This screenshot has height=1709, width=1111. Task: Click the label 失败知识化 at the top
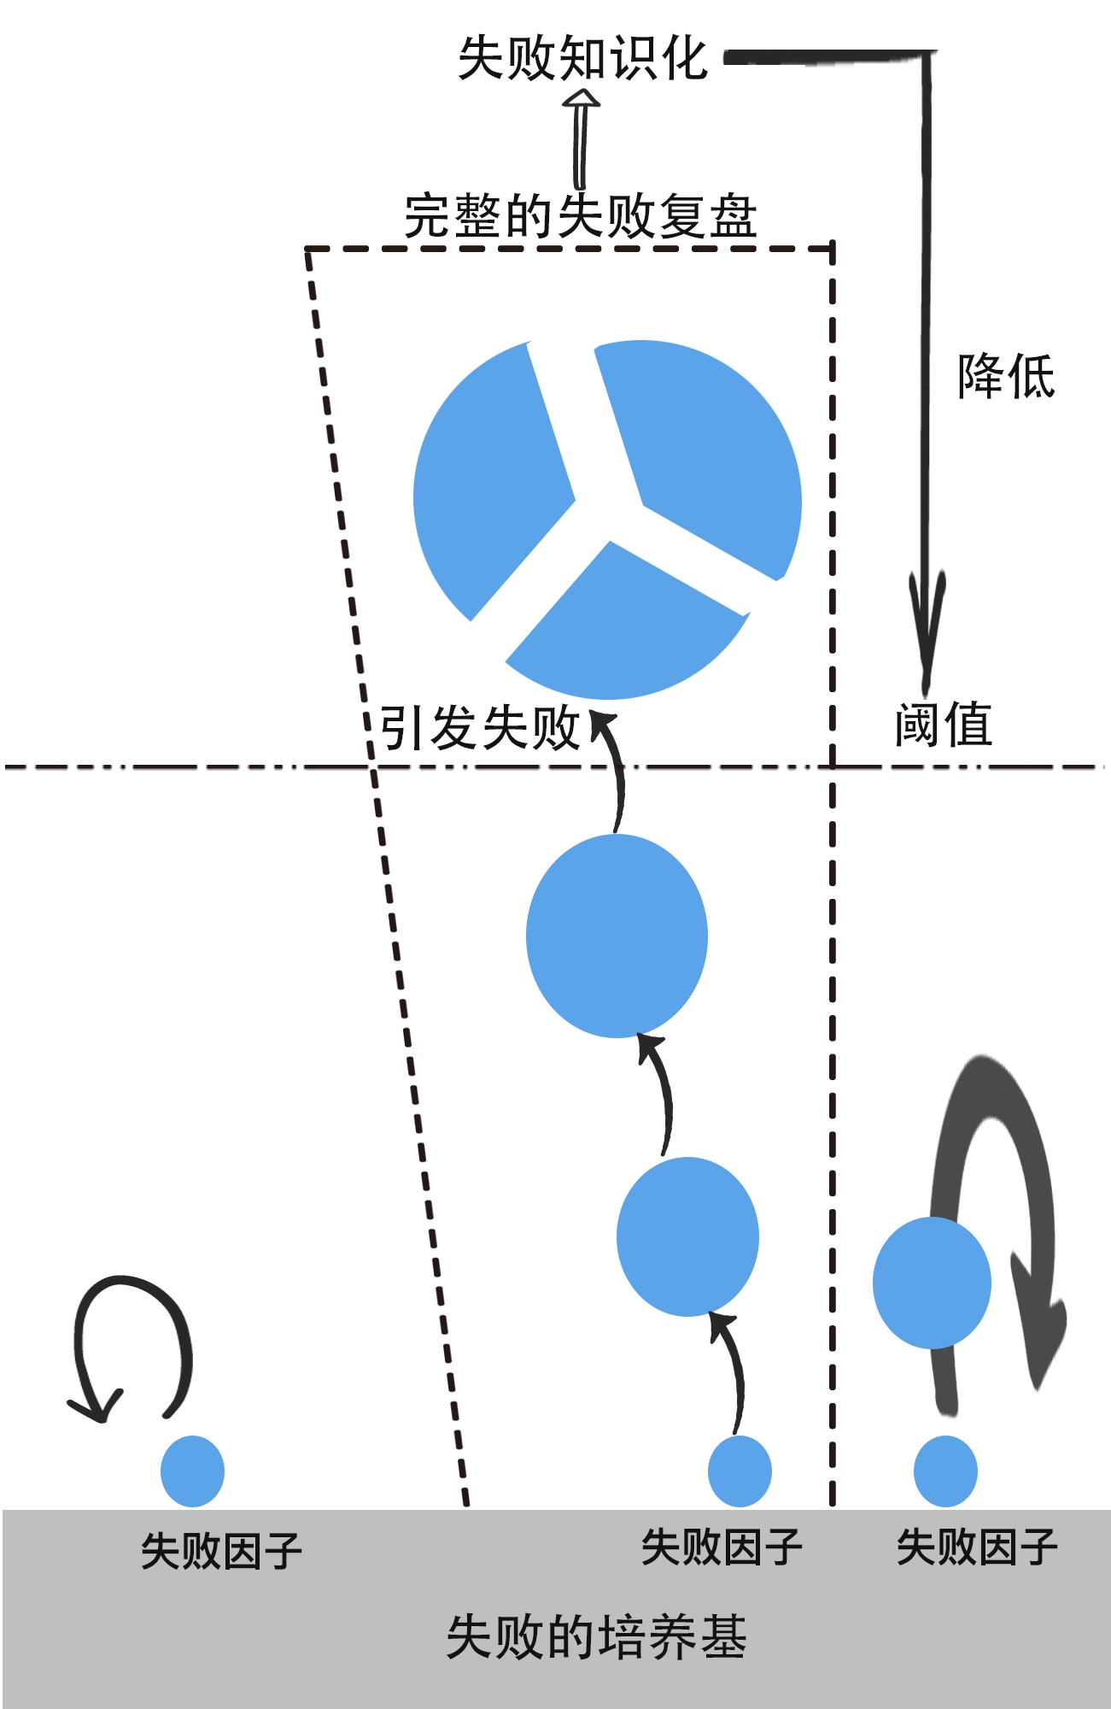tap(582, 58)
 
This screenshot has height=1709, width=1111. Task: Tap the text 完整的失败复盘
tap(580, 216)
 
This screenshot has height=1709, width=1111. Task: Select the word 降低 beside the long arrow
tap(1005, 376)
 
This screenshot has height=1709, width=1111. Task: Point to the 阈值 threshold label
tap(943, 725)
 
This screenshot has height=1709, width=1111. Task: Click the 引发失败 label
tap(479, 728)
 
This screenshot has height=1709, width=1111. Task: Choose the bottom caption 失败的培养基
tap(596, 1637)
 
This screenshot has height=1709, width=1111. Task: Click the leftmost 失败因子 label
tap(221, 1551)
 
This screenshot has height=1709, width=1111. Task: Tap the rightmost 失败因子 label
tap(977, 1547)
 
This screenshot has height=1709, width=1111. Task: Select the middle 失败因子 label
tap(722, 1547)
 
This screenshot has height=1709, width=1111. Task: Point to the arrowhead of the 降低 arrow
tap(926, 632)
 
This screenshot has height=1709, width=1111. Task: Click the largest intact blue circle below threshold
tap(617, 936)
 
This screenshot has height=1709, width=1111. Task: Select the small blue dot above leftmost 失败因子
tap(192, 1471)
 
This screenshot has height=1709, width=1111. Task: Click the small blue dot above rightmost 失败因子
tap(945, 1471)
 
